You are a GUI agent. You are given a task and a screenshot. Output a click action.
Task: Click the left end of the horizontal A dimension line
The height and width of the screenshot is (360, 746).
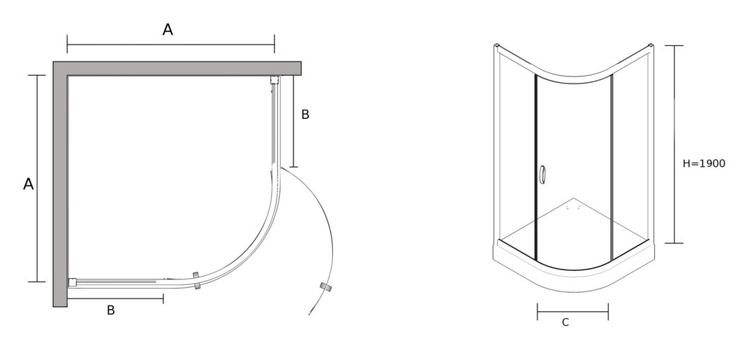(x=68, y=45)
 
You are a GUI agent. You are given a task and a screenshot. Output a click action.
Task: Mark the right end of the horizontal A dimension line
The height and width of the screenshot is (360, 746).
(x=274, y=45)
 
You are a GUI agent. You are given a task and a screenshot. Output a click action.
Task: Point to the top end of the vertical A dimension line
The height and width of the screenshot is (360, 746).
(x=37, y=75)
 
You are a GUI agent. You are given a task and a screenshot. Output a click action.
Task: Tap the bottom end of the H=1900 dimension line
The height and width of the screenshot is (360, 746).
(x=674, y=243)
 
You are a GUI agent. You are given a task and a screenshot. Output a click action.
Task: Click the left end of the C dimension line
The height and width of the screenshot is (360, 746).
(x=537, y=312)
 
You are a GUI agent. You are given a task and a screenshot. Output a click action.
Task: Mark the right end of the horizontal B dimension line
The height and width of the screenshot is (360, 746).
(x=163, y=298)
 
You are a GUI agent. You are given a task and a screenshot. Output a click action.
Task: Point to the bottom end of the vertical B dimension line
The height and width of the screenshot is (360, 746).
(x=293, y=167)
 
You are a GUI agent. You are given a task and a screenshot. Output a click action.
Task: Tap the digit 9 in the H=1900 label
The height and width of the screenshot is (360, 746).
(x=709, y=163)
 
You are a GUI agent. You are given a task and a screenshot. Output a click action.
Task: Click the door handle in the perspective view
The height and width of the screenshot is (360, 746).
(x=542, y=174)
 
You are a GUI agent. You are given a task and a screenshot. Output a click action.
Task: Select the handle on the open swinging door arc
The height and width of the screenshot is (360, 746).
(x=325, y=286)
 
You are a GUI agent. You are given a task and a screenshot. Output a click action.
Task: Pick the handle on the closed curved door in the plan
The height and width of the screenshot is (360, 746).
(x=197, y=281)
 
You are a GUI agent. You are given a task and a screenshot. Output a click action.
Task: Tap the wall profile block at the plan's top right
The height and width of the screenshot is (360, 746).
(x=274, y=80)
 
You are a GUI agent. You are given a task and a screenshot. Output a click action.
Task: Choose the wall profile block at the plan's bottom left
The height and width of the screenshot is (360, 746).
(x=72, y=282)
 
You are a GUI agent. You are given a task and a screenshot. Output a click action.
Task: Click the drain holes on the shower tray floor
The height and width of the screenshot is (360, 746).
(x=573, y=208)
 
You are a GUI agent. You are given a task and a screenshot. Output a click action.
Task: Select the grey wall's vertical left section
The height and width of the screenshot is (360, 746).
(x=60, y=184)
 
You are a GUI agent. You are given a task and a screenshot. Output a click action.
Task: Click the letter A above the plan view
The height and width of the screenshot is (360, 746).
(x=168, y=30)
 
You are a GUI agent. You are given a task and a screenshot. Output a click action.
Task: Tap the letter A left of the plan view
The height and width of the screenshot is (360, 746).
(x=28, y=184)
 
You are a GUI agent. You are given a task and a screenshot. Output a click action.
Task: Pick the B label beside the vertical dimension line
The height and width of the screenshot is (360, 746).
(x=305, y=115)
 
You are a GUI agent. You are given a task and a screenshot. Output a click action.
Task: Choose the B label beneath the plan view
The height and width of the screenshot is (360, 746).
(x=111, y=310)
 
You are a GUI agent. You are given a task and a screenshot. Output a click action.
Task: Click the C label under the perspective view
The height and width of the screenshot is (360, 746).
(x=565, y=323)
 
